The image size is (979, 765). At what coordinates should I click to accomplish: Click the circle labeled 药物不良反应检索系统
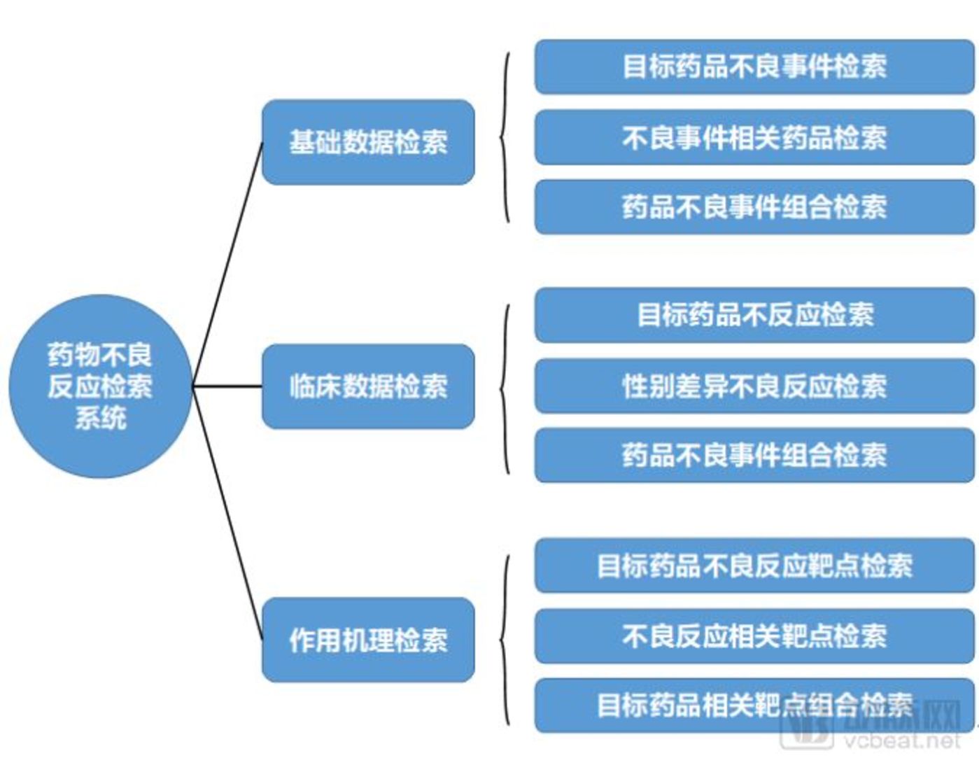100,386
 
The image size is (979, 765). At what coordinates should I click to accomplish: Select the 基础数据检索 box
368,142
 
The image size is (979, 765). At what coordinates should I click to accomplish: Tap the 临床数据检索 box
368,386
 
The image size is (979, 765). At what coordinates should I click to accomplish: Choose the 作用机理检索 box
368,639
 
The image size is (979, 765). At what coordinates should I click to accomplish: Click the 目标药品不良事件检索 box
754,66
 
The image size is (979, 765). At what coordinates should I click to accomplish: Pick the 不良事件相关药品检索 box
754,137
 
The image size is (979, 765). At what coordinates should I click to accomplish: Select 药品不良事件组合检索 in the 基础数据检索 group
754,206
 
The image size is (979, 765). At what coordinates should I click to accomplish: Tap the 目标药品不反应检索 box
754,315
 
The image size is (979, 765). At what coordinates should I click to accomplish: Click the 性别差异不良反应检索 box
754,386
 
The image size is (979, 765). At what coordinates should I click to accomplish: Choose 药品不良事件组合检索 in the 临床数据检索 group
754,455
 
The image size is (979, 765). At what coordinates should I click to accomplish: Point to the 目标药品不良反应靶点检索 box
754,565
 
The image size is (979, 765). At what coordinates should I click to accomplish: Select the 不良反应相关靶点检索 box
754,636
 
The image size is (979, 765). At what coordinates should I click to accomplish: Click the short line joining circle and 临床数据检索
227,386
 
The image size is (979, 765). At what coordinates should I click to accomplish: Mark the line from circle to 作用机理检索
227,512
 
